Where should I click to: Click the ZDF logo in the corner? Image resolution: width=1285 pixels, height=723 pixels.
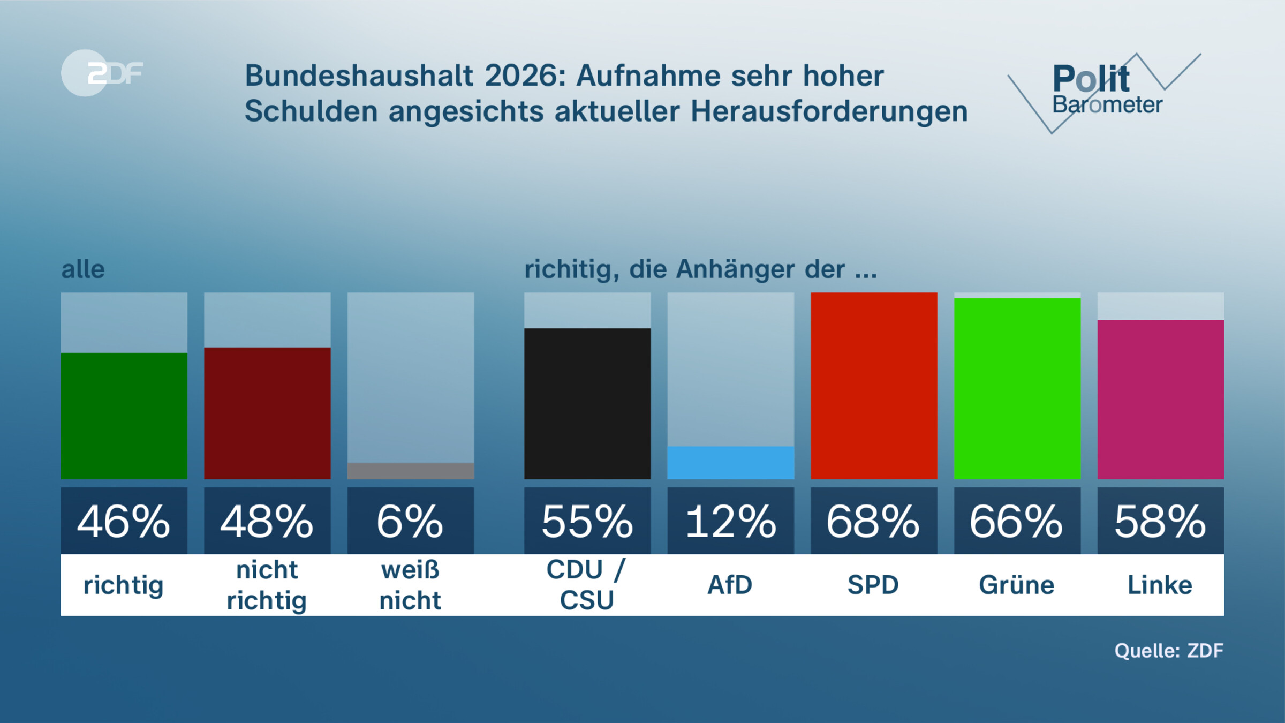pos(102,73)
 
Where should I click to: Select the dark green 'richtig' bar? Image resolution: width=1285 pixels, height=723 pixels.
pos(124,416)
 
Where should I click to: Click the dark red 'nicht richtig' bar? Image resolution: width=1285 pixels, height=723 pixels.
pos(267,413)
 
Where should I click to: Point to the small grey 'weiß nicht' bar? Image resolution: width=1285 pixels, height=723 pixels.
pos(410,471)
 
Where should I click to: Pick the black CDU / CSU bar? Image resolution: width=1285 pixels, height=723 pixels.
pos(587,403)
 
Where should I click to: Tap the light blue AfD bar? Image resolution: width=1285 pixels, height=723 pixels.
pos(730,463)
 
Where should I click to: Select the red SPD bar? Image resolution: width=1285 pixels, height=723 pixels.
pos(873,386)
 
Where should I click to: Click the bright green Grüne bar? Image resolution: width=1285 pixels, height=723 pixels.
pos(1017,388)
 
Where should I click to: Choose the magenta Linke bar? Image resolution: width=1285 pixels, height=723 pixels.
pos(1160,400)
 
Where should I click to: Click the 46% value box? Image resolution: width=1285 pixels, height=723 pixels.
pos(124,521)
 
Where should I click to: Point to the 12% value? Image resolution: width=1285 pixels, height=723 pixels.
pos(730,521)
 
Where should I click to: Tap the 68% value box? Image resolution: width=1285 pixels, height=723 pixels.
pos(873,521)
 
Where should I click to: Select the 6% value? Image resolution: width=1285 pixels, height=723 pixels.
pos(410,521)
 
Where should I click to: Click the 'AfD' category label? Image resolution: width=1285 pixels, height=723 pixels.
pos(730,585)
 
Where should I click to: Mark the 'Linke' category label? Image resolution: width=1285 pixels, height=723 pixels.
pos(1160,585)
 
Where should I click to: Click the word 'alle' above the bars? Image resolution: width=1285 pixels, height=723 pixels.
pos(83,269)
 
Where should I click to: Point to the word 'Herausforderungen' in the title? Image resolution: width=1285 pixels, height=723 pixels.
pos(829,111)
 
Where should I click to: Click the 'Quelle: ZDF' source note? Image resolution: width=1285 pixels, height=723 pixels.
pos(1169,651)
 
